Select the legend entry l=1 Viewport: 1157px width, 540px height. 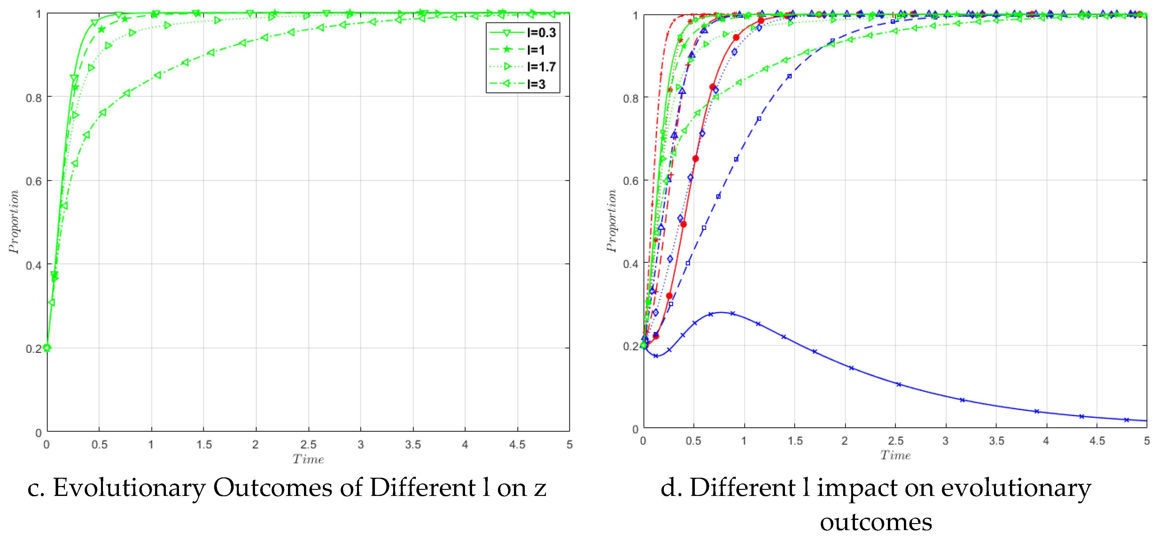(x=535, y=49)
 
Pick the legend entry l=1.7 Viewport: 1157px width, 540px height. (x=541, y=66)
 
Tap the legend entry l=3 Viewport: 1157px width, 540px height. (x=535, y=84)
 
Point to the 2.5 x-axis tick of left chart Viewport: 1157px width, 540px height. (x=308, y=445)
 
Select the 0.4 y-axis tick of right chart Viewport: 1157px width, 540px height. (x=630, y=264)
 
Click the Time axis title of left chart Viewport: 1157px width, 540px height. (x=308, y=459)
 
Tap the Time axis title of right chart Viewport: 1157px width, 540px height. (x=895, y=455)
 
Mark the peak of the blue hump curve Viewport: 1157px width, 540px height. (x=720, y=312)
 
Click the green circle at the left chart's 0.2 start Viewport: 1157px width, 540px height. (x=47, y=347)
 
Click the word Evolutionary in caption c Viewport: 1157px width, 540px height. (x=129, y=488)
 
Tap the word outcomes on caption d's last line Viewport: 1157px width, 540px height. (x=875, y=522)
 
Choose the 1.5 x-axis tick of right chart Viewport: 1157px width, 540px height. (x=795, y=441)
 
